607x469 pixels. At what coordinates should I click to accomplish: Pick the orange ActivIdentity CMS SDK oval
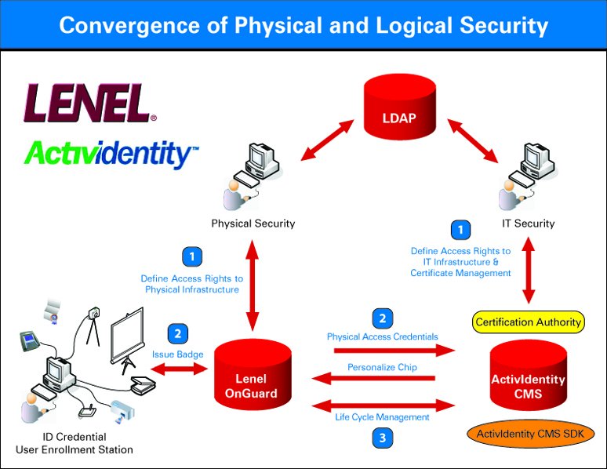pyautogui.click(x=530, y=434)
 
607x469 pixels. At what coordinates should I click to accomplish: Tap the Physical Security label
pyautogui.click(x=253, y=224)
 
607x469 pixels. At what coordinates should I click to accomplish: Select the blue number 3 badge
pyautogui.click(x=382, y=438)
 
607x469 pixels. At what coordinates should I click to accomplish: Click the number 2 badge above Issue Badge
pyautogui.click(x=178, y=333)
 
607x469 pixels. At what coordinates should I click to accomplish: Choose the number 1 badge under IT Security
pyautogui.click(x=461, y=231)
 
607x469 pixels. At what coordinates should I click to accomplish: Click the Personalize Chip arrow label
pyautogui.click(x=383, y=367)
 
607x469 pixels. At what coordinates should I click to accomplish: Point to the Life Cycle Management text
pyautogui.click(x=383, y=417)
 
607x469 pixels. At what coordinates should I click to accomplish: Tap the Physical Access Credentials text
pyautogui.click(x=382, y=336)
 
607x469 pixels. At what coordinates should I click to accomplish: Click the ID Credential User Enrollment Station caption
pyautogui.click(x=75, y=442)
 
